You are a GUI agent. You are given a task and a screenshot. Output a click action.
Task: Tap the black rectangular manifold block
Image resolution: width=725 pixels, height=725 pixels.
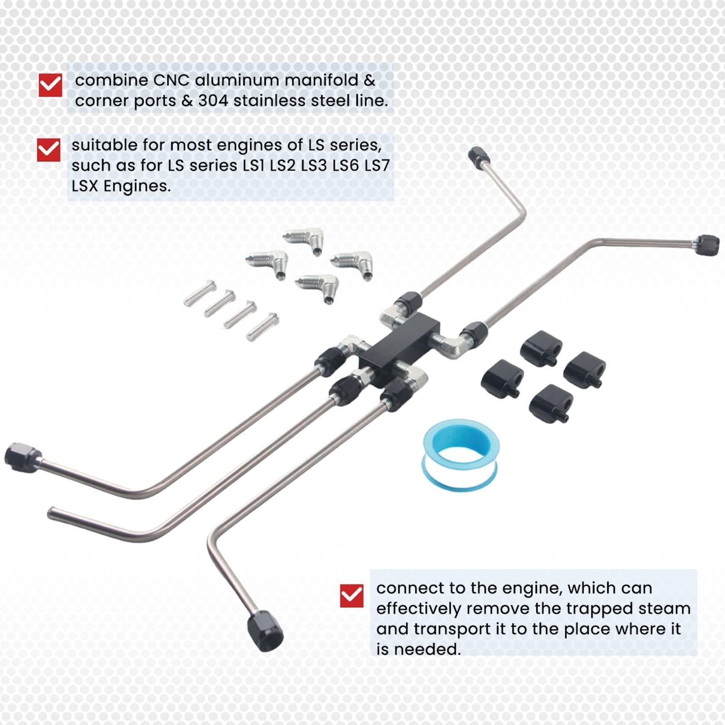click(399, 348)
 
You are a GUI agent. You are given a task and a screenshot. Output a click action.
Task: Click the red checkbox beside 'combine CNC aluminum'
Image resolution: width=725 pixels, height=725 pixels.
click(50, 85)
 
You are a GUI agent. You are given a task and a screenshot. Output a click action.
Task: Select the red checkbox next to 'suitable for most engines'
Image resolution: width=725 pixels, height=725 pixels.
click(48, 150)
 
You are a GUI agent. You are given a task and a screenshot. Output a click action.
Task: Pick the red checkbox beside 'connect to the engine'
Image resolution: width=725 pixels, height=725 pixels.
click(352, 595)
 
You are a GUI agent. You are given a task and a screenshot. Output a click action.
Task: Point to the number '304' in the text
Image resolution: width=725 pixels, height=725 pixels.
click(213, 101)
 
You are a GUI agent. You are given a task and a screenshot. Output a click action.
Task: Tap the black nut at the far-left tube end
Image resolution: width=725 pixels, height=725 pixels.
click(23, 457)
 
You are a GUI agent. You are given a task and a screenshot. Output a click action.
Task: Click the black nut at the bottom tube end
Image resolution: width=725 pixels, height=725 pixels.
click(265, 633)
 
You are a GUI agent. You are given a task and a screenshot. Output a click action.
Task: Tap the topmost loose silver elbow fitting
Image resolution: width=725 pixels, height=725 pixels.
click(303, 241)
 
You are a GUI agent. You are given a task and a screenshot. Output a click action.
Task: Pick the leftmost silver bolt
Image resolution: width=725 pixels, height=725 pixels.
click(200, 293)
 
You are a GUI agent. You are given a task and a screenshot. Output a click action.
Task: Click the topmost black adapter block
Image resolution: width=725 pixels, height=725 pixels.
click(541, 348)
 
